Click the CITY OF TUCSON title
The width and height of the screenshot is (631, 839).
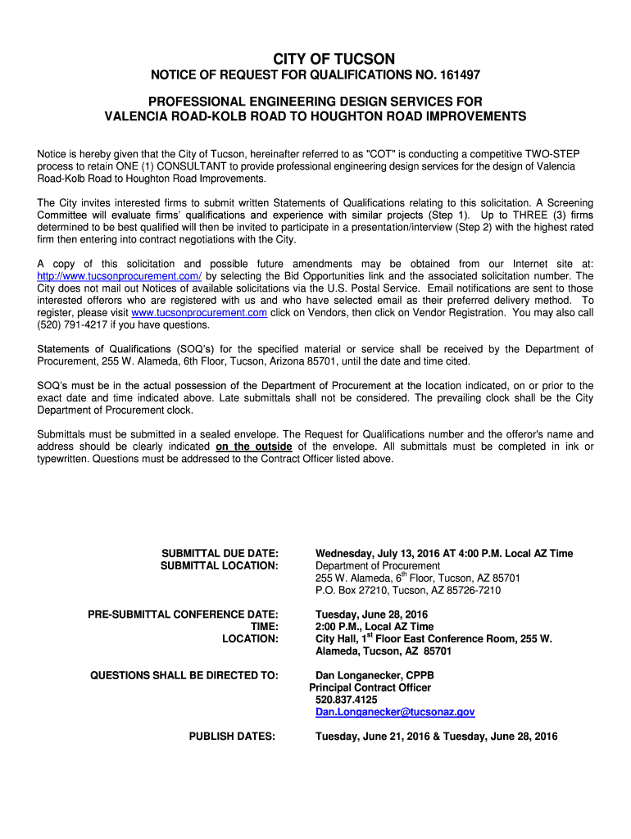pos(334,58)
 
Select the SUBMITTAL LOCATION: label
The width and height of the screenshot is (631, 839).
pos(220,565)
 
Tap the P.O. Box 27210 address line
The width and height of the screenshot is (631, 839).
pos(408,590)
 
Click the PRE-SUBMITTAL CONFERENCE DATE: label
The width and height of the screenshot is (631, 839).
pos(184,614)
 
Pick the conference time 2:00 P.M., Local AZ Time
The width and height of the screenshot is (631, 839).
pos(375,626)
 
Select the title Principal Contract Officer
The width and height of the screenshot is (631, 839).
pos(370,687)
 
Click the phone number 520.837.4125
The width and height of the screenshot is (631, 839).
pos(347,700)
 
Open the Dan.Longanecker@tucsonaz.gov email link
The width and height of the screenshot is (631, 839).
pos(395,712)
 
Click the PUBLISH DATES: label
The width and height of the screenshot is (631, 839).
pos(232,736)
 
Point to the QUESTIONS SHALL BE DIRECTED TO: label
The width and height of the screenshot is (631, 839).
pos(184,675)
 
